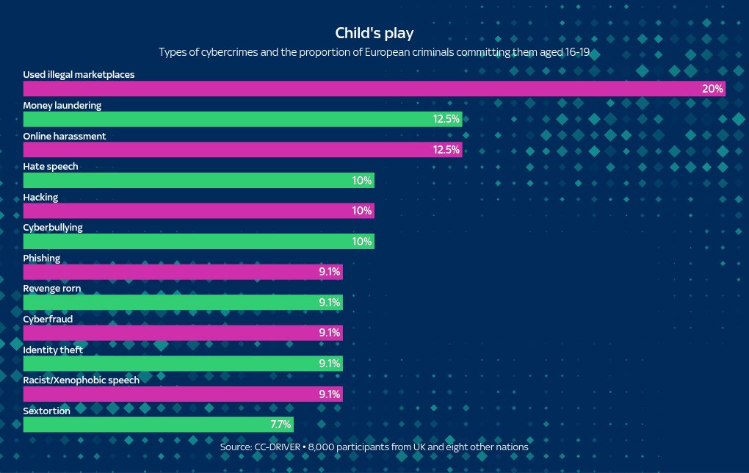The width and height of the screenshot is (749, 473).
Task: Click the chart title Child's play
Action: (374, 33)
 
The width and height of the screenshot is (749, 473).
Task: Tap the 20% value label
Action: (712, 89)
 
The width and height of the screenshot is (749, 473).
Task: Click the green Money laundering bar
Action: (242, 119)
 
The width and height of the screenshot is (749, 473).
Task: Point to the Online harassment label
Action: (65, 136)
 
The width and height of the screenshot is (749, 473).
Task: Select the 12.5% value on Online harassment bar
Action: (446, 150)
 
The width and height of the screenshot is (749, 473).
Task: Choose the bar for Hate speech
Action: (198, 181)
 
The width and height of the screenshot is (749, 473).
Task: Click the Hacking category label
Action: (40, 197)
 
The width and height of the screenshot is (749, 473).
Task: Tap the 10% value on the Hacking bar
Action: (361, 211)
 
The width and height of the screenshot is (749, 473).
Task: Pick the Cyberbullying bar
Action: (198, 242)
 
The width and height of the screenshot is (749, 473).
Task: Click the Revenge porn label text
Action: (52, 289)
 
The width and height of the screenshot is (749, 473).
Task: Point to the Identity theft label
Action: (53, 350)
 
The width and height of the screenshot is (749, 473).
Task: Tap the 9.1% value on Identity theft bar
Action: (329, 364)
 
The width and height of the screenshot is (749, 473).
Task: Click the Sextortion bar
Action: (158, 425)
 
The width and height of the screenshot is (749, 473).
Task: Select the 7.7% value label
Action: (281, 425)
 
